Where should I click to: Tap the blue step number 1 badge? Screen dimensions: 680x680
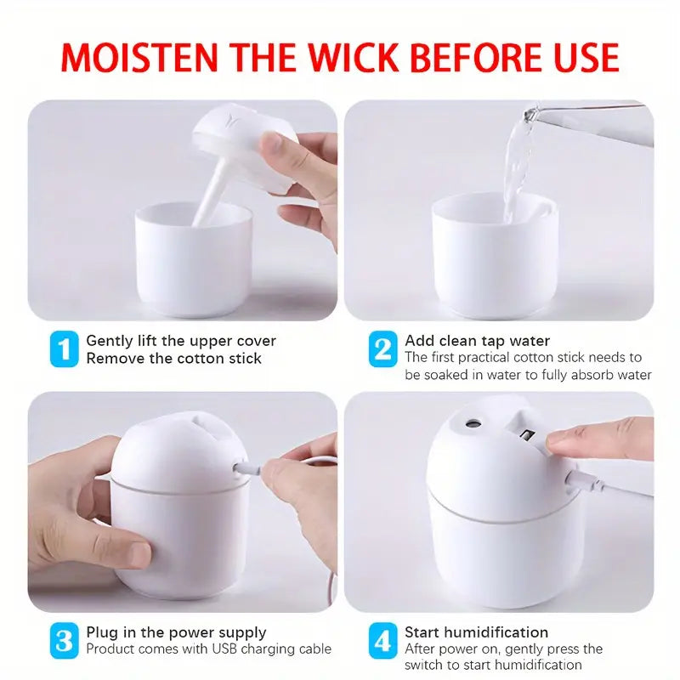click(x=63, y=349)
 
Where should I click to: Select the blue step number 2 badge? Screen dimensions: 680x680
click(x=382, y=349)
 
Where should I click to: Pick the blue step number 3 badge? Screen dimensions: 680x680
click(x=63, y=641)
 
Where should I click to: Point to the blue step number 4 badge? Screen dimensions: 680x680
click(x=382, y=641)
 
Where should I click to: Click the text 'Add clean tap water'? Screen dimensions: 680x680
click(x=477, y=341)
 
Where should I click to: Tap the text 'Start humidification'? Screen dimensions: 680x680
click(x=476, y=632)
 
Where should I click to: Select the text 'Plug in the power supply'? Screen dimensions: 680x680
click(x=176, y=632)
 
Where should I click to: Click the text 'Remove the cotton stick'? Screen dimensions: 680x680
click(x=173, y=359)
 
